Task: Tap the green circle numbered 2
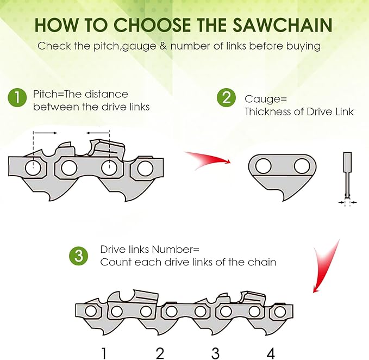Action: point(226,98)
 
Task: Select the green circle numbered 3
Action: point(78,256)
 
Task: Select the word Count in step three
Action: point(114,262)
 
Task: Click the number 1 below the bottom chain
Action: point(104,353)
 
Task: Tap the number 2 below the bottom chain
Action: point(160,353)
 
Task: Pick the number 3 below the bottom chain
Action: point(215,353)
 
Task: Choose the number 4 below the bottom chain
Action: point(271,353)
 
